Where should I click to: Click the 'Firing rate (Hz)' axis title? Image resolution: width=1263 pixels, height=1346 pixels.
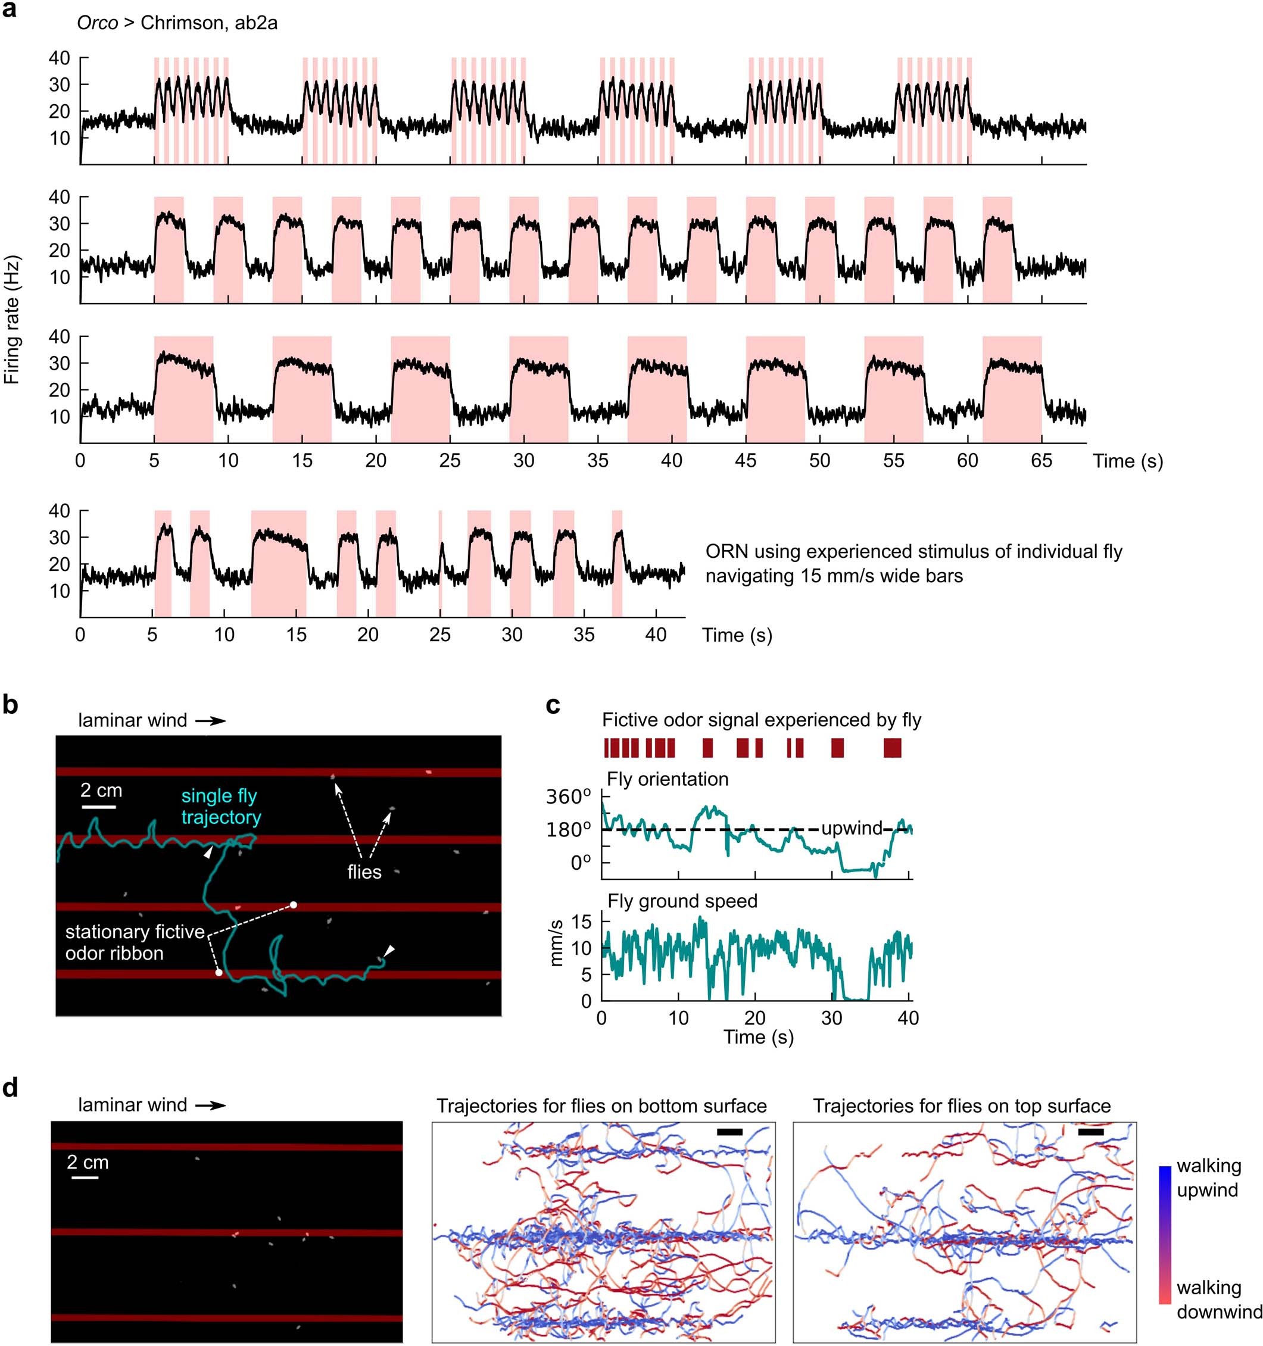point(11,320)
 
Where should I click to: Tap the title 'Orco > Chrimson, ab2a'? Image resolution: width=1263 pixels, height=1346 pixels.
point(177,23)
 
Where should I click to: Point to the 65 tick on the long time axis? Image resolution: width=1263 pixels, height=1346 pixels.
point(1041,460)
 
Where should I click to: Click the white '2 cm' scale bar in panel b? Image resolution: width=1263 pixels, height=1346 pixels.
point(99,807)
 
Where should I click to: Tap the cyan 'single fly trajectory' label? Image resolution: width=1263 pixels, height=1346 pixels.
point(220,807)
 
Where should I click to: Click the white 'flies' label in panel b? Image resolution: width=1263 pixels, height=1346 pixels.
point(364,872)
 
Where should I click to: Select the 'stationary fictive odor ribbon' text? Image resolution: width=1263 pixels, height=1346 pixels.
point(134,942)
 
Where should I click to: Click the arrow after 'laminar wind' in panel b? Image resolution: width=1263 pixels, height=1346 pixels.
point(211,721)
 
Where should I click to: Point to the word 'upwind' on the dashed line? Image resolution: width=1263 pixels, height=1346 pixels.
point(852,828)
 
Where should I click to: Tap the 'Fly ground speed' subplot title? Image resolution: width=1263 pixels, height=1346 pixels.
point(682,901)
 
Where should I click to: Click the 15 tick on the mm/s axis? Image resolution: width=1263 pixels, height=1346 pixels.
point(582,922)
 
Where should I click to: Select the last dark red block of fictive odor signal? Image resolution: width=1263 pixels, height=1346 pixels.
point(893,748)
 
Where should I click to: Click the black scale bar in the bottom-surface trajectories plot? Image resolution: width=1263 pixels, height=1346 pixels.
point(729,1131)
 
